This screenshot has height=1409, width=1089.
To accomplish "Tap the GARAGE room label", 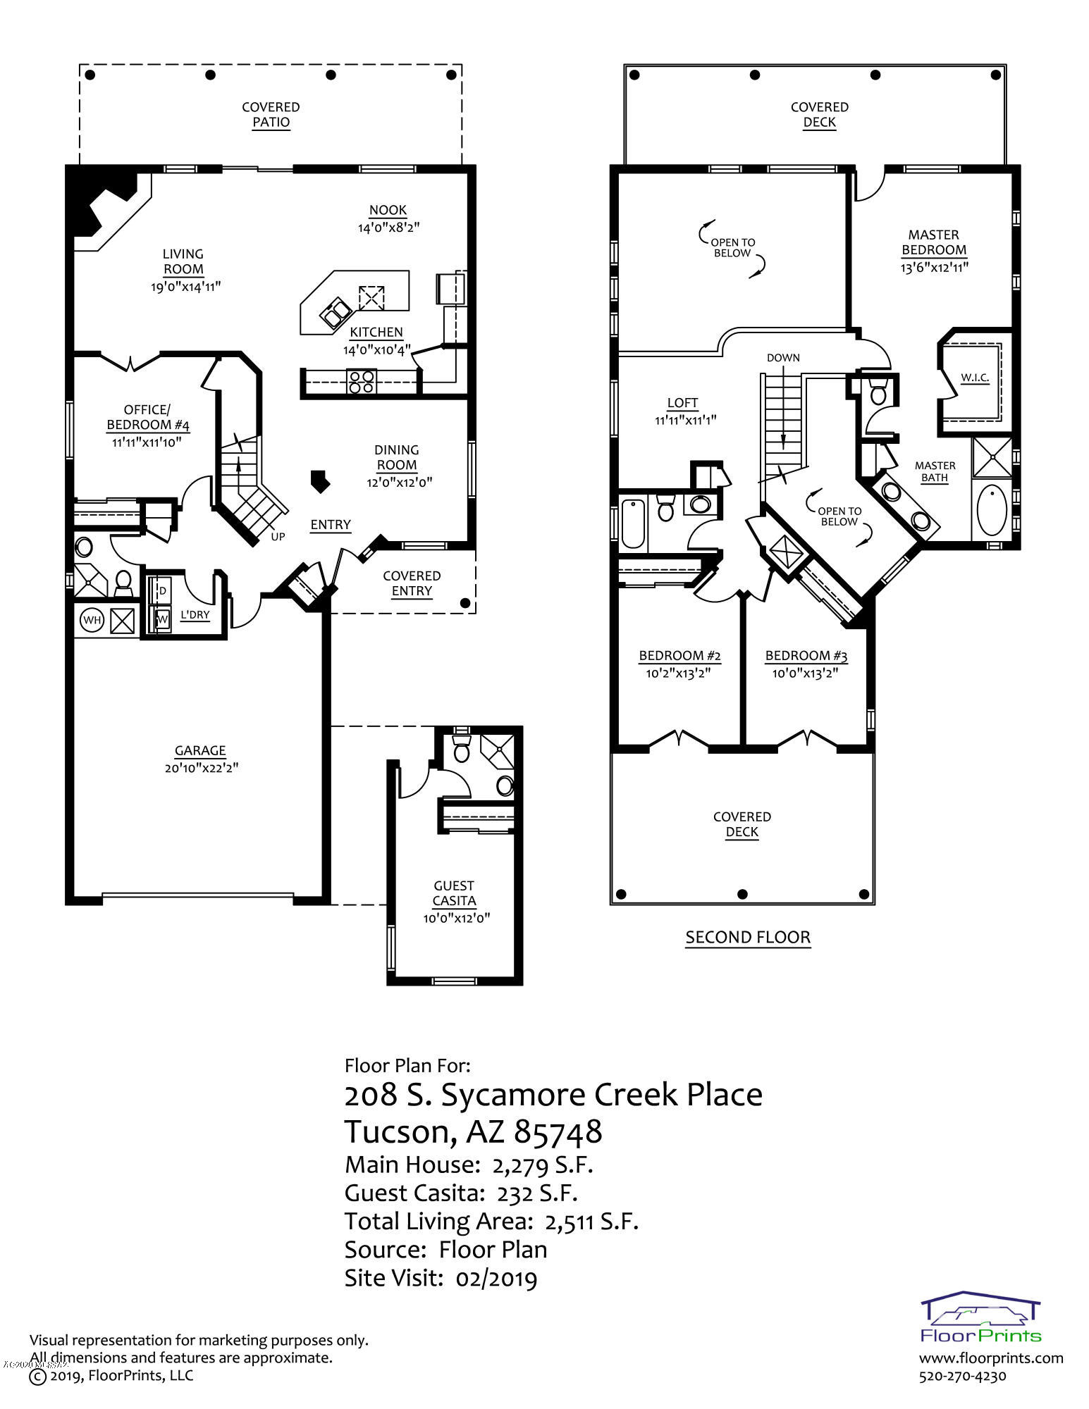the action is (200, 751).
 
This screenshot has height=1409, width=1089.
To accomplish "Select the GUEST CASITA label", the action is (454, 893).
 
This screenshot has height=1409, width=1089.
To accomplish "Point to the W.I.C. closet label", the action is (975, 378).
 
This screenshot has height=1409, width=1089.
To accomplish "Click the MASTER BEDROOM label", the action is (933, 242).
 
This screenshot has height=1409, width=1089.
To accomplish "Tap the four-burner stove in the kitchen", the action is (361, 381).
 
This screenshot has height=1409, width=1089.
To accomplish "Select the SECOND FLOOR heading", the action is (748, 938).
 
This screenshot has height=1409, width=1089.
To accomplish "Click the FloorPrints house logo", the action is (980, 1317).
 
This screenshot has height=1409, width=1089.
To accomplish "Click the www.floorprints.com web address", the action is (991, 1358).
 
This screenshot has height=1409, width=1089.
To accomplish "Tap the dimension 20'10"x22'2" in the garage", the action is (200, 768).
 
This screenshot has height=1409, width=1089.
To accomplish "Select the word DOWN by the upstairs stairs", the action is (783, 358).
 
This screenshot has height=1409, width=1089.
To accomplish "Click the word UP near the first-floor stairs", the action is (278, 537).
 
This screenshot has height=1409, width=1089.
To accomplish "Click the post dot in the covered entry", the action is (464, 603).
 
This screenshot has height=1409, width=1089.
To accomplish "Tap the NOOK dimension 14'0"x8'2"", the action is (388, 228).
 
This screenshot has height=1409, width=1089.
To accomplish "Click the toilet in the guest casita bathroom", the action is (462, 750).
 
